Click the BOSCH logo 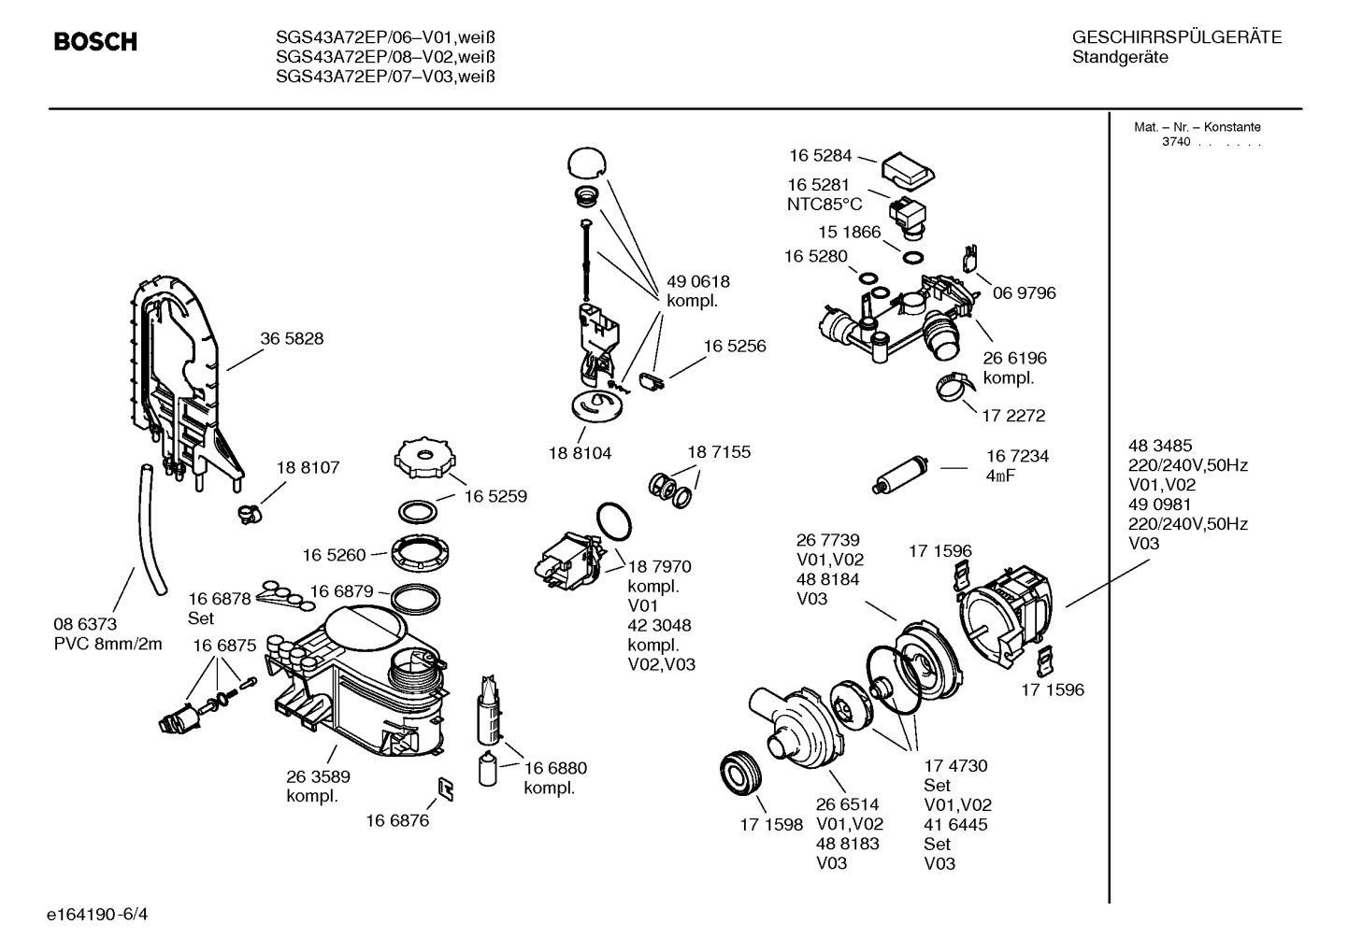coord(95,42)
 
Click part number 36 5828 coord(292,339)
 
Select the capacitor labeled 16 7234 coord(900,474)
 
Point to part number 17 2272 coord(1013,415)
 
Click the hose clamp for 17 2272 coord(954,385)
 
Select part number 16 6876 coord(397,820)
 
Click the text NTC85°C coord(825,205)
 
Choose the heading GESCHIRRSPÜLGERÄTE coord(1176,38)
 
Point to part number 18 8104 coord(580,453)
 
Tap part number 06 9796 coord(1024,293)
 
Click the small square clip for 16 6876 coord(446,789)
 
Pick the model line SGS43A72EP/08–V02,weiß coord(385,57)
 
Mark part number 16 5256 coord(735,347)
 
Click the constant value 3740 coord(1176,142)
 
